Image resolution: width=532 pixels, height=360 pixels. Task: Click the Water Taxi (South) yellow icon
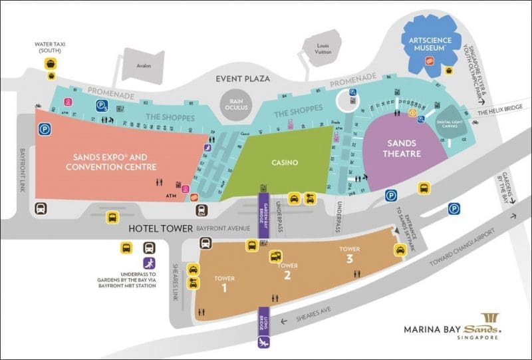(x=50, y=64)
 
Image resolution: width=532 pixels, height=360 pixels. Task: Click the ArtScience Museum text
(x=433, y=45)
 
